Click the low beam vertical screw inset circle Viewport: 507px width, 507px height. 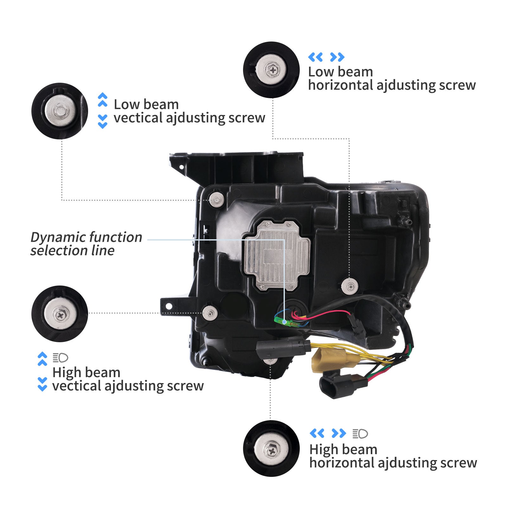(60, 111)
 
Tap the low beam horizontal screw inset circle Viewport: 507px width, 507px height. (271, 70)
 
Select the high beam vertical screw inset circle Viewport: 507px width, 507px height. (60, 314)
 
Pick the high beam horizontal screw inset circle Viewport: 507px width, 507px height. (271, 449)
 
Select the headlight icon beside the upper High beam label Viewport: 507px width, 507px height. (60, 358)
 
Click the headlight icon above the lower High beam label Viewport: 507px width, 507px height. (360, 433)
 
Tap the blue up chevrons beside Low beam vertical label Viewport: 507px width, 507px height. (103, 99)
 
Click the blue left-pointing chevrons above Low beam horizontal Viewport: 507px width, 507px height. (315, 57)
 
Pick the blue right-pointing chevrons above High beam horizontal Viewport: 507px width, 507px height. (338, 433)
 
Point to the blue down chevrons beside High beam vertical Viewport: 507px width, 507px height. (42, 384)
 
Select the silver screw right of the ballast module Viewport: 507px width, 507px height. (350, 287)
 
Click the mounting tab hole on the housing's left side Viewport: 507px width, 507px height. (169, 306)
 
